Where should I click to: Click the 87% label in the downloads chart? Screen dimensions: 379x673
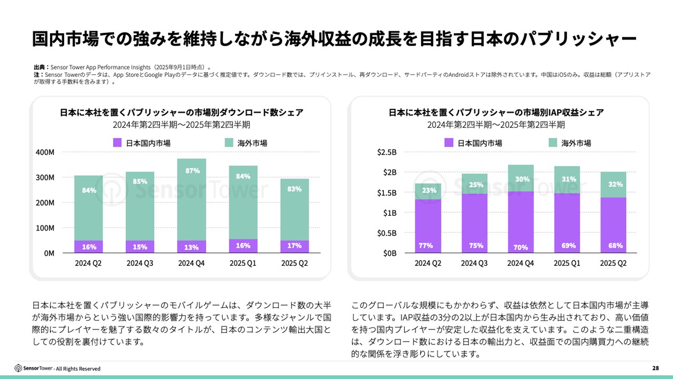pyautogui.click(x=192, y=171)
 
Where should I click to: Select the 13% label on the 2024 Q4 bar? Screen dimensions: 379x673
pyautogui.click(x=192, y=247)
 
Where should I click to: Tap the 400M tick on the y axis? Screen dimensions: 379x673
pyautogui.click(x=45, y=152)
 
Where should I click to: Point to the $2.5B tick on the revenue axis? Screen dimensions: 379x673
pyautogui.click(x=386, y=152)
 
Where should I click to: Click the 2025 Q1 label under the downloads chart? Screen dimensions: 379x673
pyautogui.click(x=243, y=263)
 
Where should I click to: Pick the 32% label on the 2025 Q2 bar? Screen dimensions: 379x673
pyautogui.click(x=616, y=184)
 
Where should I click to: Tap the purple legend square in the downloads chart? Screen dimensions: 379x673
pyautogui.click(x=117, y=143)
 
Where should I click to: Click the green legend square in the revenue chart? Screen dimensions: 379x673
pyautogui.click(x=553, y=143)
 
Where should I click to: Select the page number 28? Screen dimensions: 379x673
pyautogui.click(x=655, y=368)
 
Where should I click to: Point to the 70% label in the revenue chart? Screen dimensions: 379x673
pyautogui.click(x=521, y=247)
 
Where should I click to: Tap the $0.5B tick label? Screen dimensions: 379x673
pyautogui.click(x=386, y=233)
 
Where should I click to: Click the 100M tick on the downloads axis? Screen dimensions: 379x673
pyautogui.click(x=45, y=228)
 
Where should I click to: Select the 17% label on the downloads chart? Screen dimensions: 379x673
pyautogui.click(x=294, y=246)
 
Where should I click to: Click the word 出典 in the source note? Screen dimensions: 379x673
pyautogui.click(x=40, y=67)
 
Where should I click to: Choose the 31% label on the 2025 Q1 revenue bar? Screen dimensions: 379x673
pyautogui.click(x=568, y=179)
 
